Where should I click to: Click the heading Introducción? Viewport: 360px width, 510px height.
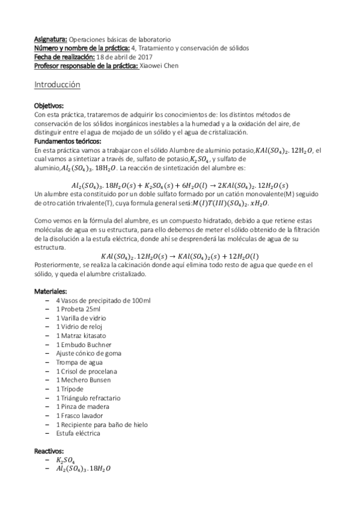58,85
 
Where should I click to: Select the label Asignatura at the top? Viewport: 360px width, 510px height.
50,38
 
